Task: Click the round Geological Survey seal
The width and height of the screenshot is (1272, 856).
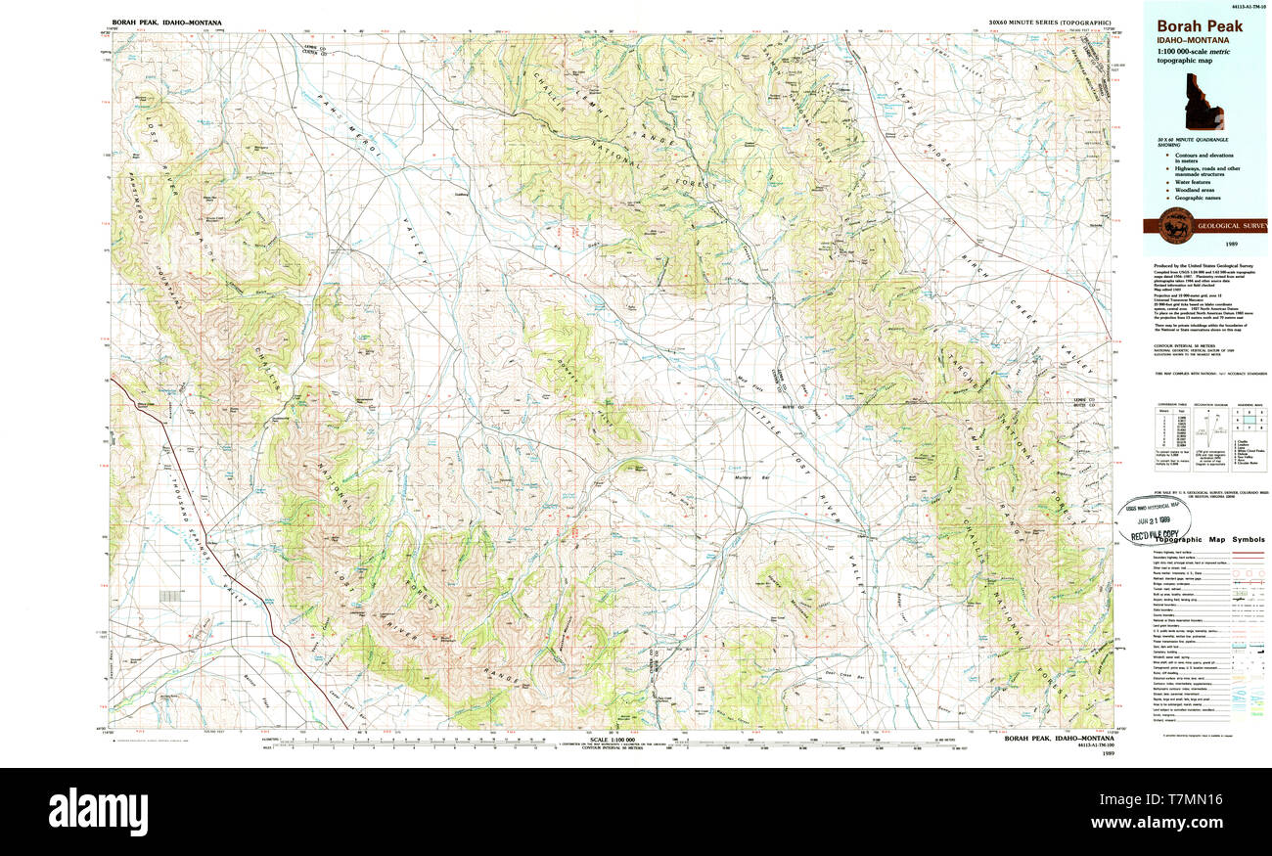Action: click(x=1172, y=225)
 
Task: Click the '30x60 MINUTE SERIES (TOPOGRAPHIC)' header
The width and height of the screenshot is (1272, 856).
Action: click(x=1049, y=22)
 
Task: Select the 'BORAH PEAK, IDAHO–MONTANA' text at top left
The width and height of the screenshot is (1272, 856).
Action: click(x=166, y=22)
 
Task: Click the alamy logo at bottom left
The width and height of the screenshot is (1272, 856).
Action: click(x=98, y=811)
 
